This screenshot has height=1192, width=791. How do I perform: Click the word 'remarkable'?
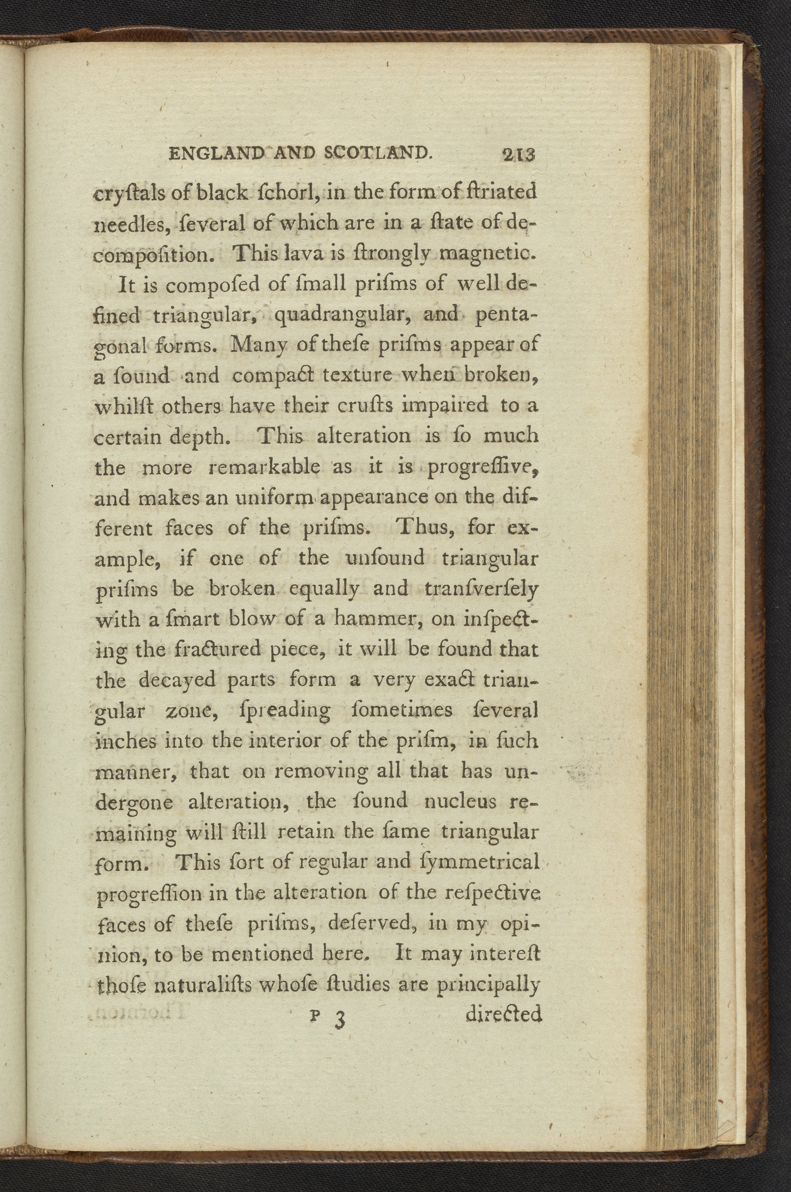264,467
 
